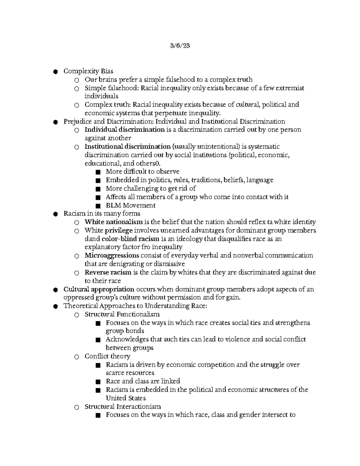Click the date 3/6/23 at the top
[180, 46]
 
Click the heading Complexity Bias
[88, 71]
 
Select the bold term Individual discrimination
[124, 130]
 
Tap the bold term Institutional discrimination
[127, 146]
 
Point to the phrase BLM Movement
[130, 206]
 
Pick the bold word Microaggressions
[112, 255]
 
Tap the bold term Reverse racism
[108, 272]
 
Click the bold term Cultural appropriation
[99, 289]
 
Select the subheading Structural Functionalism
[122, 314]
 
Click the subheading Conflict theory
[107, 356]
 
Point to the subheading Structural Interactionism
[122, 407]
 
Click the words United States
[126, 398]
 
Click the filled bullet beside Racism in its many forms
[55, 214]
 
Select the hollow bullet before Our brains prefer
[76, 80]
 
